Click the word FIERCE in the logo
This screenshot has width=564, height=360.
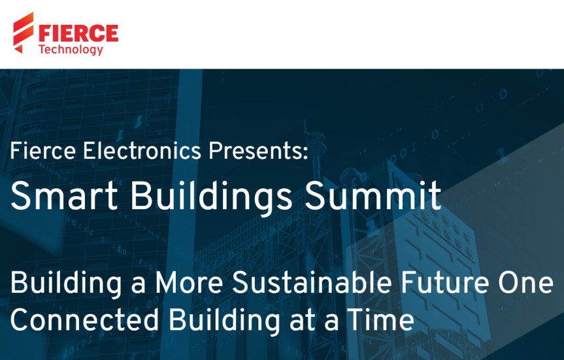coord(78,32)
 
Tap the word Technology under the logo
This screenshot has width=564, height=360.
coord(71,49)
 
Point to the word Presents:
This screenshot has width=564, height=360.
coord(257,152)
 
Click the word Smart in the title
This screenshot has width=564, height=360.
coord(53,195)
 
